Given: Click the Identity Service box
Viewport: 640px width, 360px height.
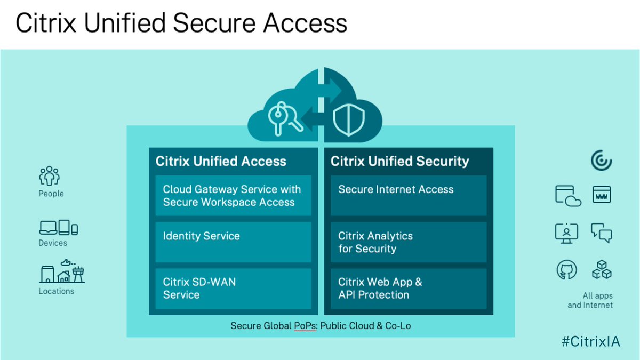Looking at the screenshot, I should click(x=233, y=242).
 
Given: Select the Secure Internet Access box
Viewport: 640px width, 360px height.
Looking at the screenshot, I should click(x=408, y=196).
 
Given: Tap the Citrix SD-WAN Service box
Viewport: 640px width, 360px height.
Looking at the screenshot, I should click(x=233, y=289).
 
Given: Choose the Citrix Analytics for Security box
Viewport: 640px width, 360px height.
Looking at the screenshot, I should click(x=408, y=242).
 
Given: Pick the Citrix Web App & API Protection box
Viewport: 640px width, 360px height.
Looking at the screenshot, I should click(x=408, y=289).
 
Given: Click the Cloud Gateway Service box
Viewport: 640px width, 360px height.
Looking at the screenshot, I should click(x=233, y=196).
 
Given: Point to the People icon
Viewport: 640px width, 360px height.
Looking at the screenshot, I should click(x=50, y=176).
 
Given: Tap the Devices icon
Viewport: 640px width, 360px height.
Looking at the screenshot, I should click(x=58, y=228).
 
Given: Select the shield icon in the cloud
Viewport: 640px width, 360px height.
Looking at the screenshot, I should click(x=345, y=120).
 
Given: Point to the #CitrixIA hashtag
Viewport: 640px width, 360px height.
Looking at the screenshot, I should click(x=590, y=342).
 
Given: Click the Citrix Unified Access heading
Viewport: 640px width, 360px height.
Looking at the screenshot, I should click(x=221, y=161).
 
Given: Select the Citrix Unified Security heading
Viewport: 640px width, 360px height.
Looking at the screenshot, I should click(x=399, y=161).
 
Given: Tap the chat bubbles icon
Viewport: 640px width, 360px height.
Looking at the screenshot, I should click(x=602, y=233).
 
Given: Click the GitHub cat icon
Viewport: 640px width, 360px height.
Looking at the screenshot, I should click(x=566, y=270).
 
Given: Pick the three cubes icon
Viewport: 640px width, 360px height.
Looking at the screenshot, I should click(x=602, y=270).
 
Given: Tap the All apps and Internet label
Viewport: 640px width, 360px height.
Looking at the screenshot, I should click(x=590, y=300).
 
